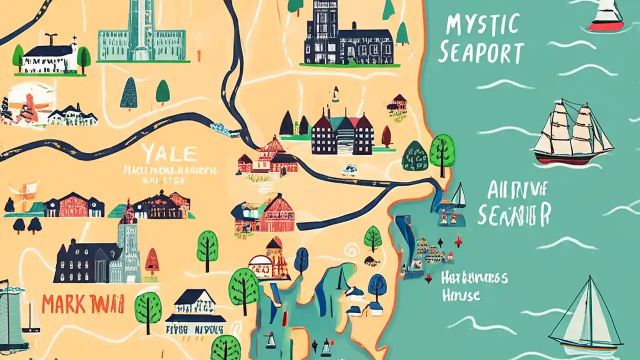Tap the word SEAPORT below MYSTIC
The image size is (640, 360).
[480, 52]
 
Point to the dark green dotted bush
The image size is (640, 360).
[415, 156]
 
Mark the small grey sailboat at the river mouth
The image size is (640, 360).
[458, 196]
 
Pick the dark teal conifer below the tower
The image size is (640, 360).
[128, 93]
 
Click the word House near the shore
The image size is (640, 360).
[461, 295]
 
